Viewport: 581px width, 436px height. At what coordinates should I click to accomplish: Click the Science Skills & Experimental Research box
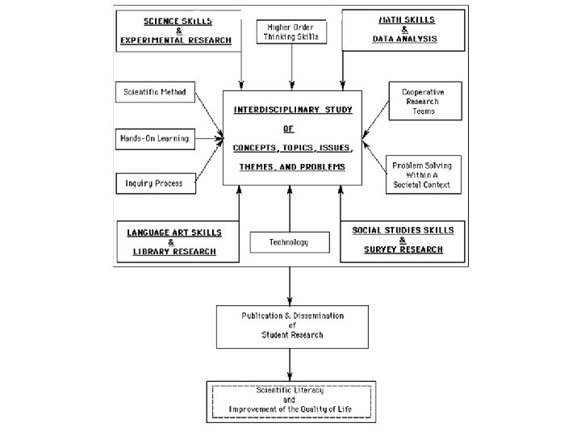tap(178, 31)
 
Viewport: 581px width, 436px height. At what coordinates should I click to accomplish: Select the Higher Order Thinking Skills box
tap(291, 31)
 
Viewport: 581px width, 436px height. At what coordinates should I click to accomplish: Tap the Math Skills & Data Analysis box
tap(404, 31)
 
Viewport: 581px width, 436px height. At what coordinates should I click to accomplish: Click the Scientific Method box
tap(155, 92)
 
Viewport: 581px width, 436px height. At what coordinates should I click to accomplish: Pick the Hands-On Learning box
tap(155, 138)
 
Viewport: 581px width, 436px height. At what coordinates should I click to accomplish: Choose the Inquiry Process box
tap(155, 183)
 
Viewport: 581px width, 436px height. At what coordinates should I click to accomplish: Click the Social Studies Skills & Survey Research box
tap(403, 240)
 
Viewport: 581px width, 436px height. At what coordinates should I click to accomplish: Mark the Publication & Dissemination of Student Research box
tap(292, 325)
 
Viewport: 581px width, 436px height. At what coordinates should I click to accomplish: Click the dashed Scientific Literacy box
tap(291, 400)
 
